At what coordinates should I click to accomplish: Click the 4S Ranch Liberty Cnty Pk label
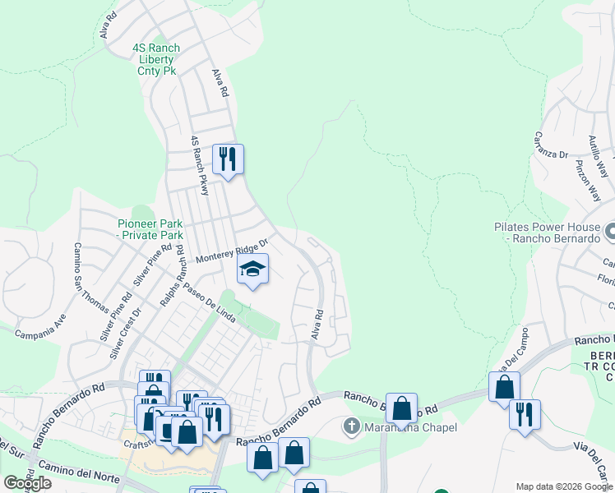tap(156, 60)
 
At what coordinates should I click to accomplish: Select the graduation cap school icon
tap(253, 270)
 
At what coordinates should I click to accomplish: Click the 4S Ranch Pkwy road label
tap(200, 165)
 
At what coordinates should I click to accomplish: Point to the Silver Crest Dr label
tap(125, 332)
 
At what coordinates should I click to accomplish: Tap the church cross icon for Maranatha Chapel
tap(351, 426)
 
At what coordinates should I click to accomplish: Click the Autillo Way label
tap(597, 151)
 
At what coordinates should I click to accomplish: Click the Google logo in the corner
tap(27, 482)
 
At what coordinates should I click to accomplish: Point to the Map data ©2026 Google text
tap(564, 486)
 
